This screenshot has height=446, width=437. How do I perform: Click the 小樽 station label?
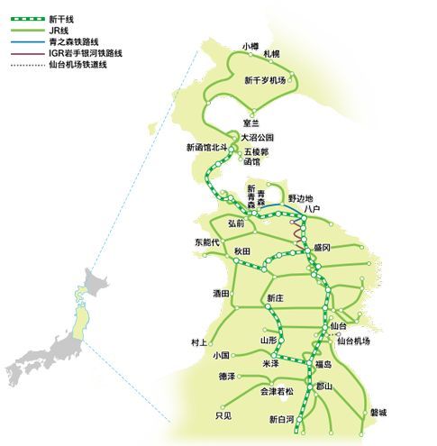251,45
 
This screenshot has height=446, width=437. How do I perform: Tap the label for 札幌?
271,54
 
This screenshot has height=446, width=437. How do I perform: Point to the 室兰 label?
250,123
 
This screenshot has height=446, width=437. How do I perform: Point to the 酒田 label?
221,293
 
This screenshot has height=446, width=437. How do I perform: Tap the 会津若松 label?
277,391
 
